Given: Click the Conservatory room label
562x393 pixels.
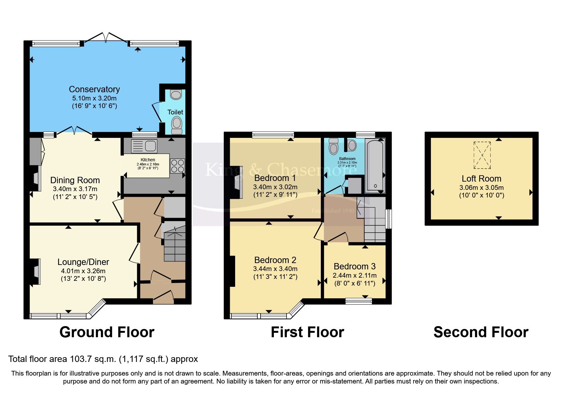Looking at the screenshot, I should pos(94,89).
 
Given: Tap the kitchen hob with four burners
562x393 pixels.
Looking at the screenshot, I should pos(177,166).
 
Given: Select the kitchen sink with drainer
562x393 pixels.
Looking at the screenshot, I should pos(144,146).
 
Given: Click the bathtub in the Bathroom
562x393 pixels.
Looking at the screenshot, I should pos(375,165).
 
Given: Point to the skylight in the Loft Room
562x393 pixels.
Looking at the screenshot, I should pos(482,155).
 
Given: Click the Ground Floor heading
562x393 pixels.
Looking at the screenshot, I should pos(107,332).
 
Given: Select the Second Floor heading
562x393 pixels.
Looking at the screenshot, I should pos(480,332).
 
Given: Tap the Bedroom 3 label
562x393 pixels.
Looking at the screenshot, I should pos(354,266).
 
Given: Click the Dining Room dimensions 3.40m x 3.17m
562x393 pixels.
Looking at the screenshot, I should pos(75,189).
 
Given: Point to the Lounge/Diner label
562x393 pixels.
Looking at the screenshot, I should pos(83,262).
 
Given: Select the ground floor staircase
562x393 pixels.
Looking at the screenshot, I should pos(175,246).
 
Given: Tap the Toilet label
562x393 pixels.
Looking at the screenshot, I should pos(175,112).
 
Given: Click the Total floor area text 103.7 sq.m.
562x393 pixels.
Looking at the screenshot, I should pos(103,359).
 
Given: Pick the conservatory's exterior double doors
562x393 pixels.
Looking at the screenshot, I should pos(106,37).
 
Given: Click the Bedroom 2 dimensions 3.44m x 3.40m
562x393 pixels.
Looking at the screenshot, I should pos(275,269).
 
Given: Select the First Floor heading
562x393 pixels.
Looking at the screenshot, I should pos(307,332).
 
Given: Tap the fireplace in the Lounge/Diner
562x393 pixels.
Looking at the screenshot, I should pos(36,272).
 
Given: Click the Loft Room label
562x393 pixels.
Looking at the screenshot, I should pos(481,179).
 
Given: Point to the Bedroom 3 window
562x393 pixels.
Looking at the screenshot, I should pos(359,301).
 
